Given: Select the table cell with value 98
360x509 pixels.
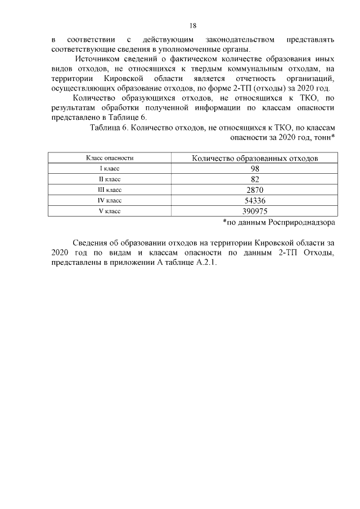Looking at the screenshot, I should click(x=255, y=169).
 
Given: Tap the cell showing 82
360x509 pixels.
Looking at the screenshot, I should click(x=255, y=179).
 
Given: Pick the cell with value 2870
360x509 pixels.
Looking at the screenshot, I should click(x=255, y=190).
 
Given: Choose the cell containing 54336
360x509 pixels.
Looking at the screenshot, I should click(x=255, y=200).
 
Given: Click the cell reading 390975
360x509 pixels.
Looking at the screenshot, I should click(x=255, y=211).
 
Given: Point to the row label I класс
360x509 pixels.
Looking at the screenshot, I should click(x=110, y=169).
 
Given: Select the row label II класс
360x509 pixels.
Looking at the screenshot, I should click(x=110, y=179).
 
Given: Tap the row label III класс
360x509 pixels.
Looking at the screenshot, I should click(x=110, y=190).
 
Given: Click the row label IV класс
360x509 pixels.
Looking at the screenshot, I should click(x=110, y=200).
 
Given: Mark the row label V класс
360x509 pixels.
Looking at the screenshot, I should click(x=110, y=211).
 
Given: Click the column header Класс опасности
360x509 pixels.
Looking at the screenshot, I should click(x=110, y=158).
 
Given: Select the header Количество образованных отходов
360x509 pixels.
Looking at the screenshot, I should click(x=255, y=158).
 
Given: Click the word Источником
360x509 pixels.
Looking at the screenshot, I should click(x=97, y=59).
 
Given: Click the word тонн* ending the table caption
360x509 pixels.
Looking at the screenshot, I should click(x=322, y=137).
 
